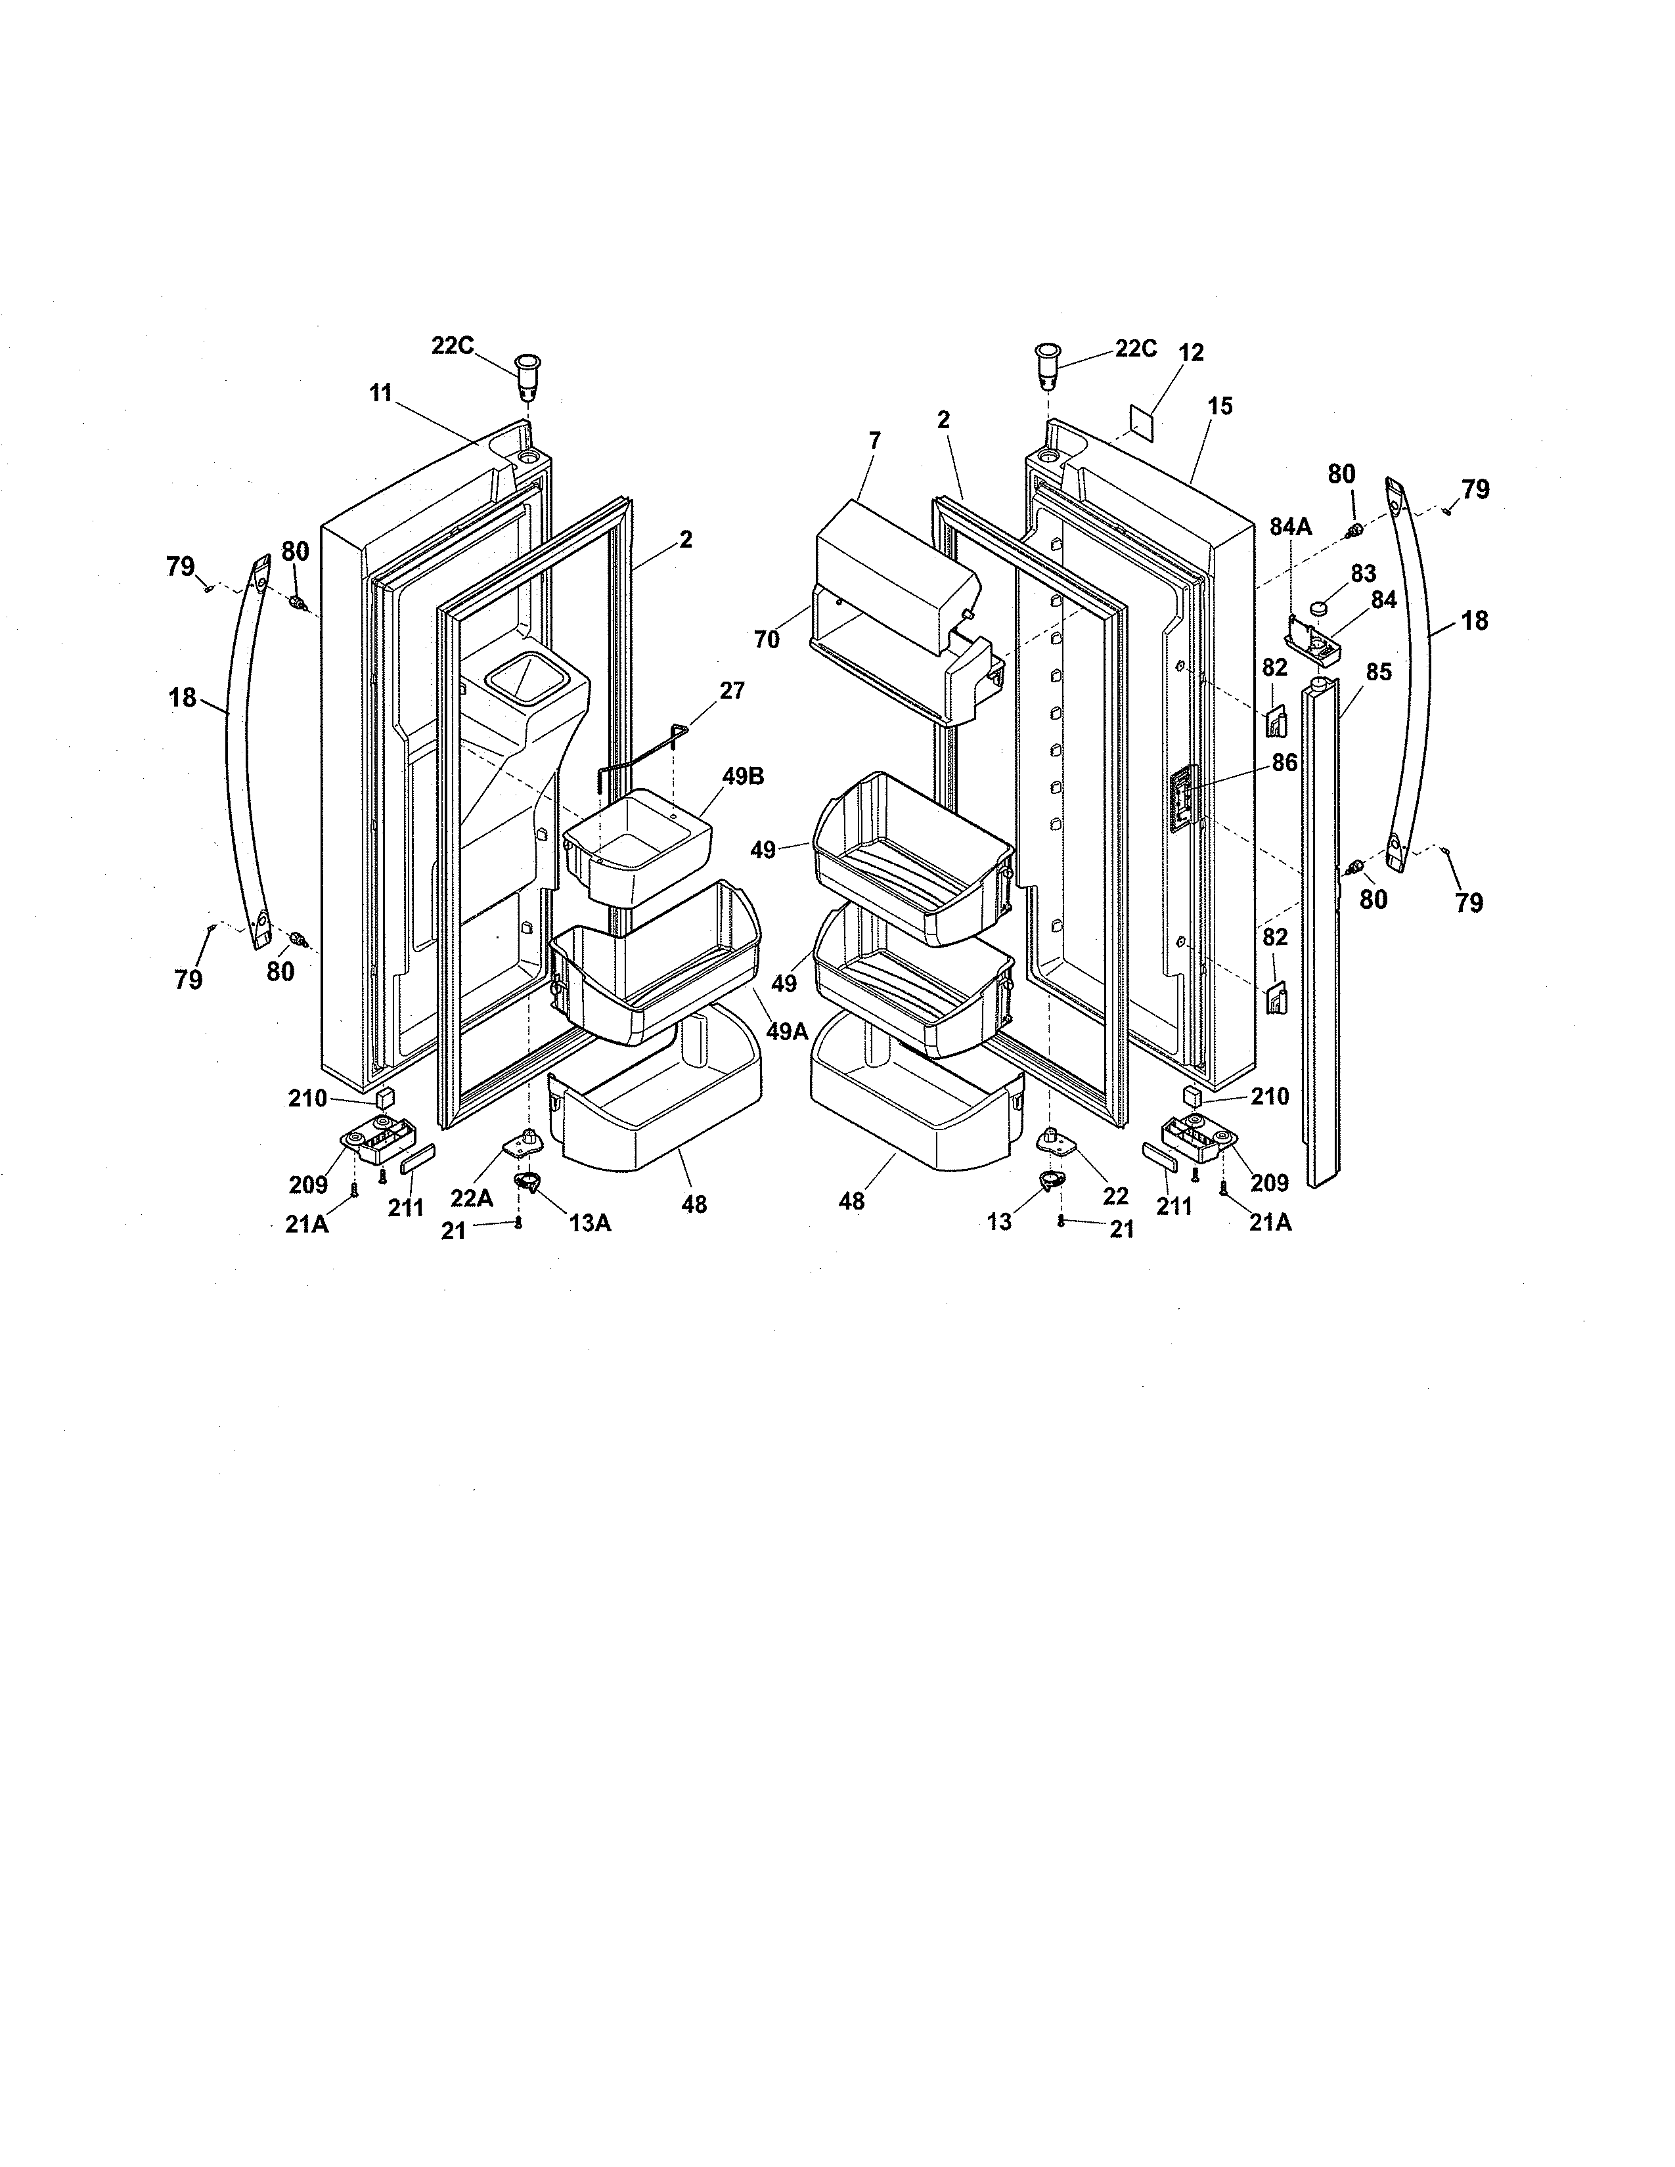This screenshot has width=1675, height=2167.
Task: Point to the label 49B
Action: pyautogui.click(x=743, y=777)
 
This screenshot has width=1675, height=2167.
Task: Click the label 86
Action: pyautogui.click(x=1284, y=762)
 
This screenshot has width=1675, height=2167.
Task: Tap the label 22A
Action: pyautogui.click(x=472, y=1198)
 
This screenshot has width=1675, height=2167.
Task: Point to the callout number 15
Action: pyautogui.click(x=1220, y=406)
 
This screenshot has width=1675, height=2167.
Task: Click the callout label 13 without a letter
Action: pyautogui.click(x=998, y=1221)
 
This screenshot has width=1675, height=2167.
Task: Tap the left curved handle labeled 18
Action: pyautogui.click(x=241, y=754)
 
